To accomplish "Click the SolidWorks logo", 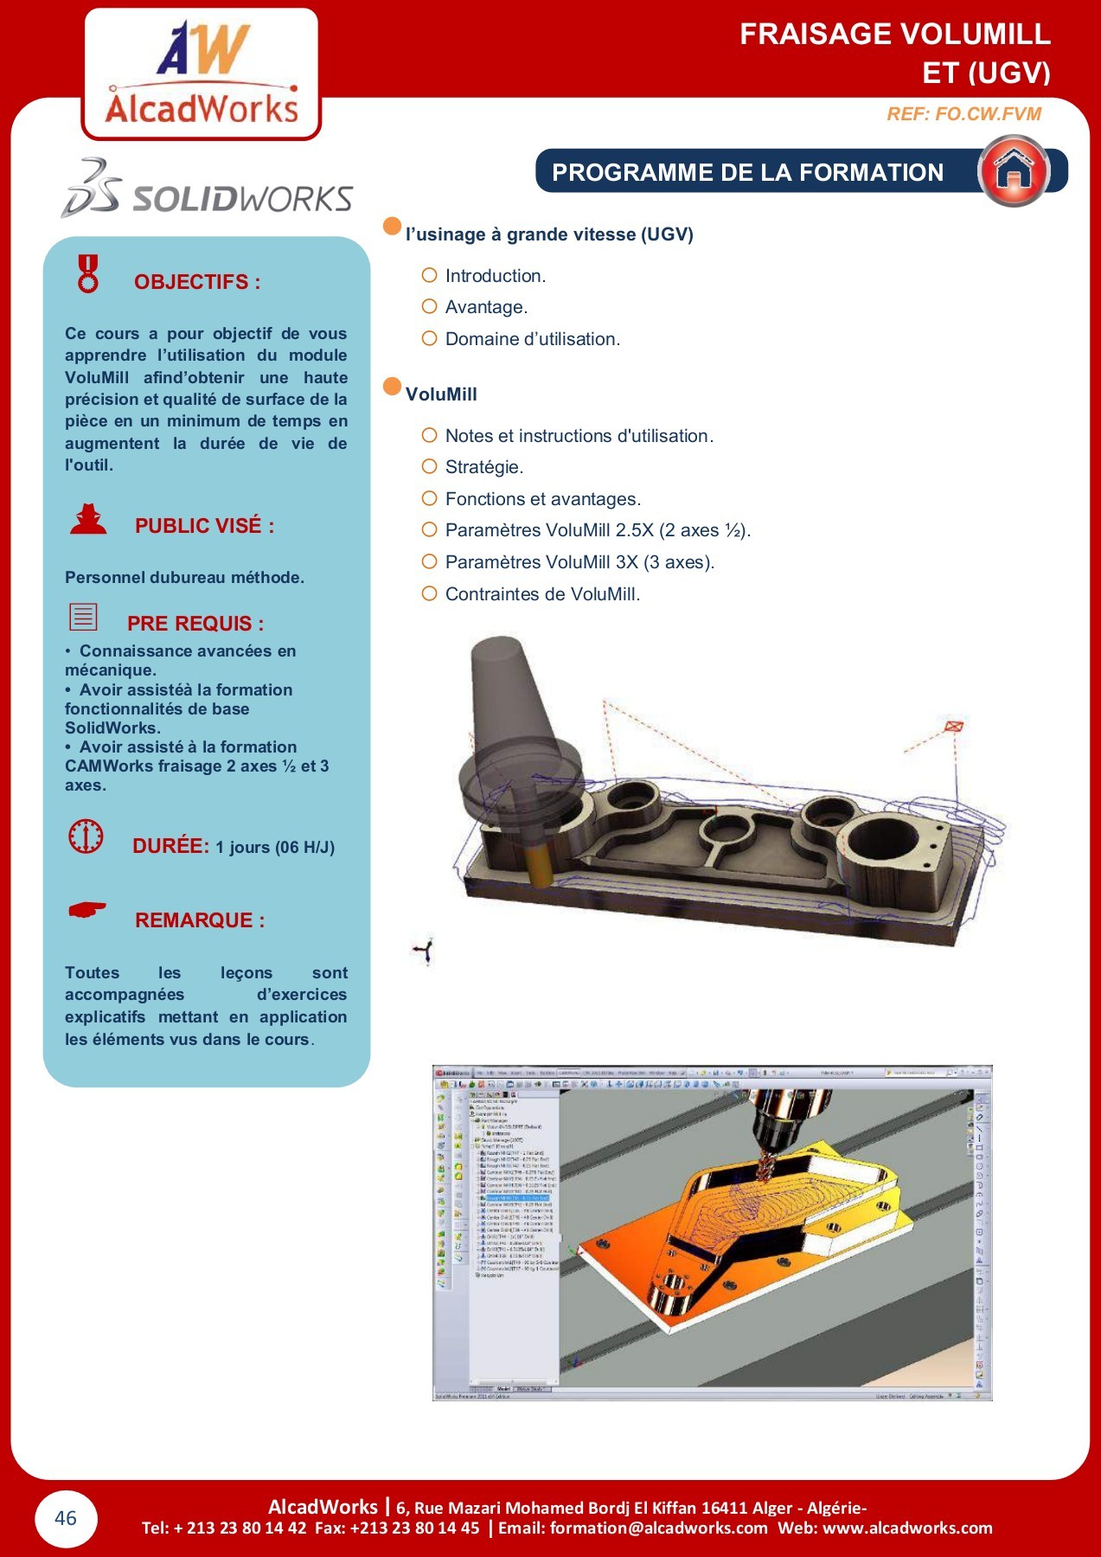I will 208,189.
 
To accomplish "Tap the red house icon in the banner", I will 1014,171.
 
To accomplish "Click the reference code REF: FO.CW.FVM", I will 963,114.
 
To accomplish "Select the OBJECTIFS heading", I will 197,282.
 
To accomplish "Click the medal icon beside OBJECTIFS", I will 88,273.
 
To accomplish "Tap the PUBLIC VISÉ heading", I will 204,526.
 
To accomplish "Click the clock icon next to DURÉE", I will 86,836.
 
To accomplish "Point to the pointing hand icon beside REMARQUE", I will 86,910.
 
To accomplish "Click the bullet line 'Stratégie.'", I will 483,467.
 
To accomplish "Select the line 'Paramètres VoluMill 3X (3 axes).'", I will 579,562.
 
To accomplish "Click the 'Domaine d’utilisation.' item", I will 532,339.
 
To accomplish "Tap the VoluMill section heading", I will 441,394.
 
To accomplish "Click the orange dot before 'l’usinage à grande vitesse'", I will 393,227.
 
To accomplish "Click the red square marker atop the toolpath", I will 953,726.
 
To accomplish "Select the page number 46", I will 66,1518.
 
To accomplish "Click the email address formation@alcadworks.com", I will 658,1528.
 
